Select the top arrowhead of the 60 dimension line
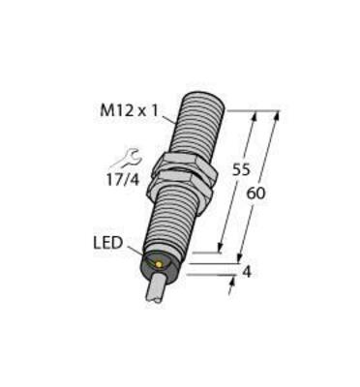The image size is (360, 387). [275, 115]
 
